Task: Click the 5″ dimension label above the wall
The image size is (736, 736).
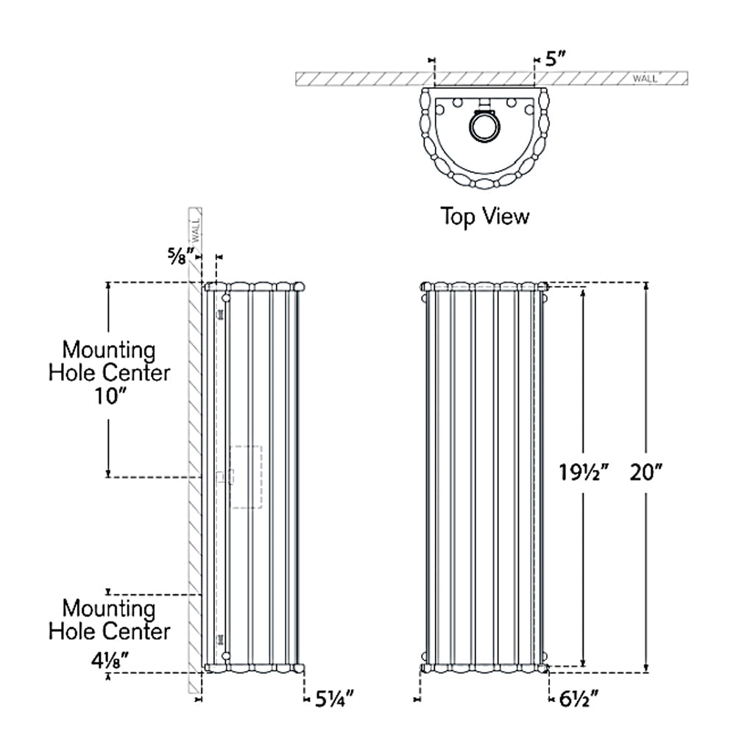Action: point(556,59)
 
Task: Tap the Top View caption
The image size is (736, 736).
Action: point(485,216)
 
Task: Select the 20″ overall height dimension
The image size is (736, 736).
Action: point(646,473)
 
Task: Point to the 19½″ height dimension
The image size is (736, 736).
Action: point(584,473)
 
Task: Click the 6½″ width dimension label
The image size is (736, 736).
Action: point(579,699)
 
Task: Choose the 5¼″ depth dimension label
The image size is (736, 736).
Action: point(333,699)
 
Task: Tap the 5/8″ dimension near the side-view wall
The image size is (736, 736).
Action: point(181,256)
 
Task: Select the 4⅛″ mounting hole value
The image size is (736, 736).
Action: point(110,662)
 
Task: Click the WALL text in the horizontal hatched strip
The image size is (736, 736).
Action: point(645,79)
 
